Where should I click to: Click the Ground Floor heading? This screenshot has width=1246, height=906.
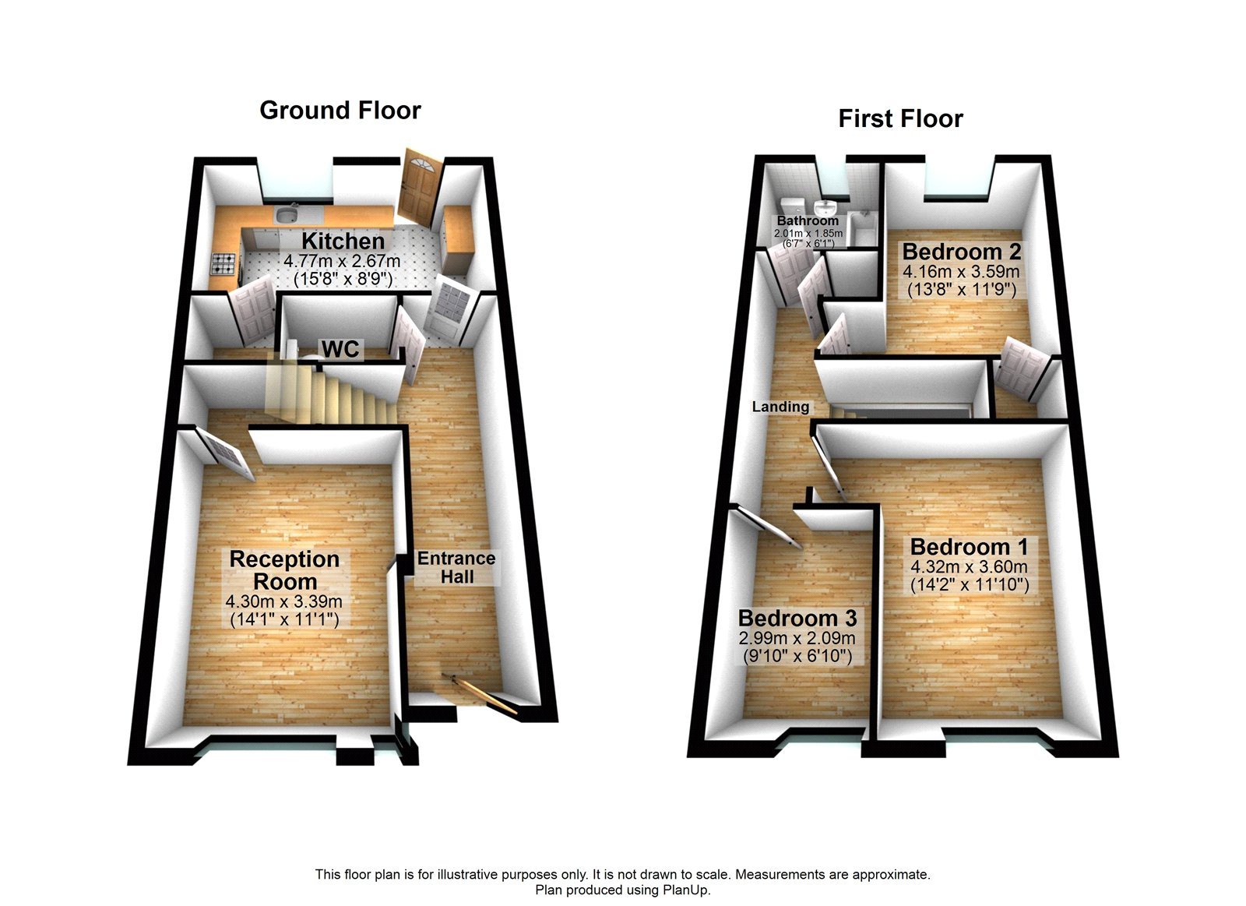pos(340,110)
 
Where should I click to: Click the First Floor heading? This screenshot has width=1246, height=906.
pos(900,118)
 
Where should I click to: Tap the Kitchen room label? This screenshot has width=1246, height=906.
pos(343,241)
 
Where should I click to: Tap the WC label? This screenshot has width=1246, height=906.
pos(341,349)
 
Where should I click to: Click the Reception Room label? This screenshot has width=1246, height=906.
pos(284,569)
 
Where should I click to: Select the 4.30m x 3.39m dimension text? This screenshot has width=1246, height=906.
pos(284,601)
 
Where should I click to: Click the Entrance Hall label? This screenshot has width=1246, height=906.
pos(456,567)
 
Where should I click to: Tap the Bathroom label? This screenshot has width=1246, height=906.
pos(808,221)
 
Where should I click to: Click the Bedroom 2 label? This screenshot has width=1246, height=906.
pos(961,252)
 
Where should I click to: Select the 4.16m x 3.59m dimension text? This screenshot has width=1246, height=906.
pos(961,272)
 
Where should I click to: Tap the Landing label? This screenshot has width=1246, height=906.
pos(780,406)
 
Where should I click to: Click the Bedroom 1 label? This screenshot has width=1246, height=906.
pos(969,547)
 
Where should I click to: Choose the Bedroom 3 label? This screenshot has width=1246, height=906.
pos(797,618)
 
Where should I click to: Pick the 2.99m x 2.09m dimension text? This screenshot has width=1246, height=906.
pos(797,638)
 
